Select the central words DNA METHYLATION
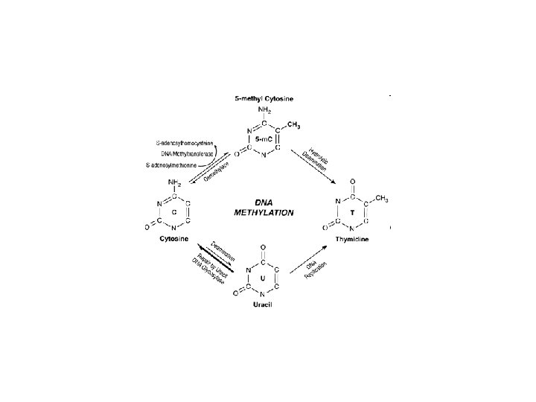click(x=264, y=207)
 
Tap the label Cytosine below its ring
click(x=173, y=239)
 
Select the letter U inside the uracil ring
click(x=264, y=277)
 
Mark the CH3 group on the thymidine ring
click(x=381, y=199)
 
